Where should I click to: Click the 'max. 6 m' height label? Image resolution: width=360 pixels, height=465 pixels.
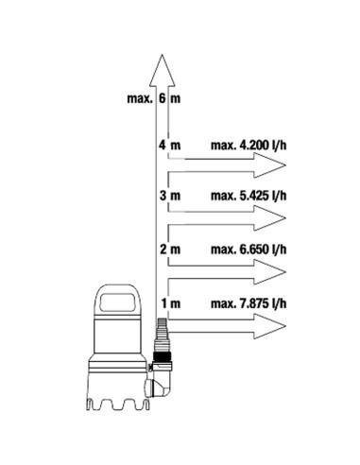[x=154, y=98]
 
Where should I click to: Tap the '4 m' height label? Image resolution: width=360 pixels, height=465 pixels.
[x=170, y=146]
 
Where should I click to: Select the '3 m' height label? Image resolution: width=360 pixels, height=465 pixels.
[x=170, y=196]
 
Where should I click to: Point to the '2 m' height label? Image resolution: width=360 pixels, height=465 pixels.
[x=170, y=250]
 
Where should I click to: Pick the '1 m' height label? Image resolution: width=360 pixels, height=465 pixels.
[x=171, y=304]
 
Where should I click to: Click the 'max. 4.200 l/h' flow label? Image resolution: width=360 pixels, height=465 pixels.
[x=249, y=146]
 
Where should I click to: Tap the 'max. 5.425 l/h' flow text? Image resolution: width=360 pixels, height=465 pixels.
[x=249, y=196]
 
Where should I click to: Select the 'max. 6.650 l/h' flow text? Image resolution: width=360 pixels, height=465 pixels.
[x=249, y=250]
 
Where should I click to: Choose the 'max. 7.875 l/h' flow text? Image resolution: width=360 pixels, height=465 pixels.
[x=249, y=304]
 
